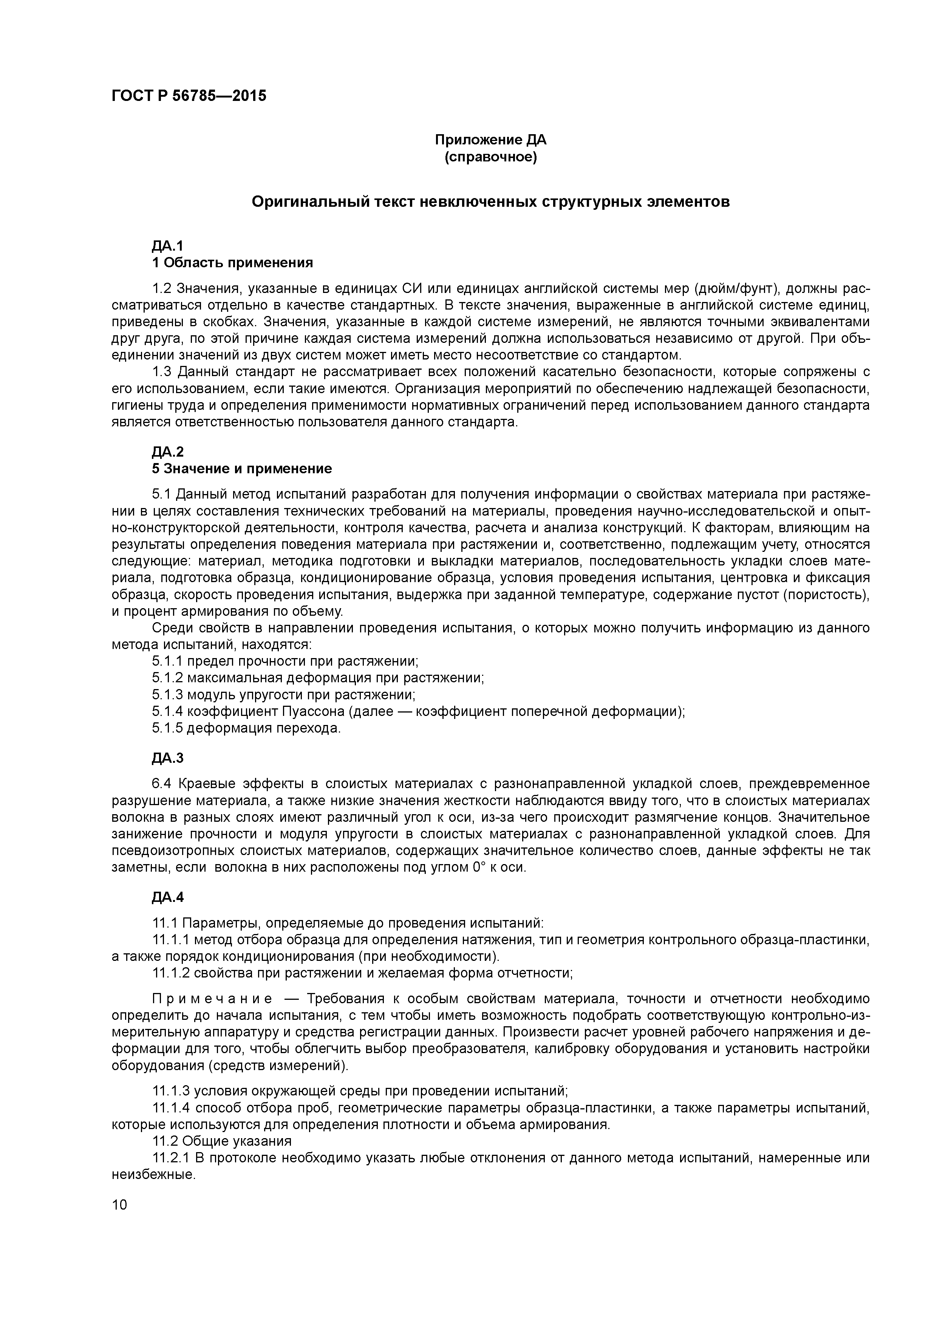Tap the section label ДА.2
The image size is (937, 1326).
(x=167, y=452)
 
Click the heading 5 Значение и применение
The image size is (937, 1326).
(x=242, y=468)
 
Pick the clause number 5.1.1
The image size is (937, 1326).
(x=167, y=661)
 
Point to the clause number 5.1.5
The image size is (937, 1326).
(x=167, y=728)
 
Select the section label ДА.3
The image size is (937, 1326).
(x=167, y=758)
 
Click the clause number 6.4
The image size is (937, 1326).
(x=163, y=784)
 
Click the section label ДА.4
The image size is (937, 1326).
(x=167, y=897)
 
